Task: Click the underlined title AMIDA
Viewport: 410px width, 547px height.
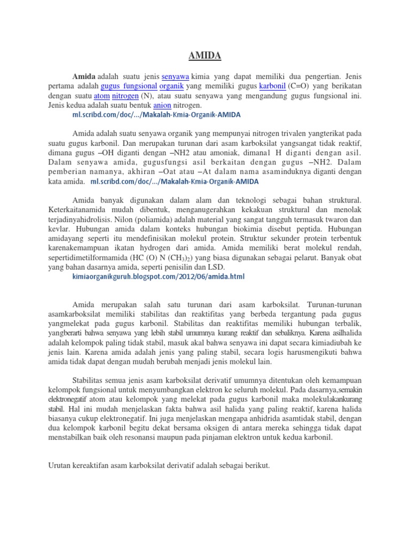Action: [x=205, y=55]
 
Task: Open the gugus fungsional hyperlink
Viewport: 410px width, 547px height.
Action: [x=128, y=86]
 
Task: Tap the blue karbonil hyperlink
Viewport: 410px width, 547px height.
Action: [x=272, y=86]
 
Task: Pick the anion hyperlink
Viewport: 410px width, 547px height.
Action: [x=162, y=105]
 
